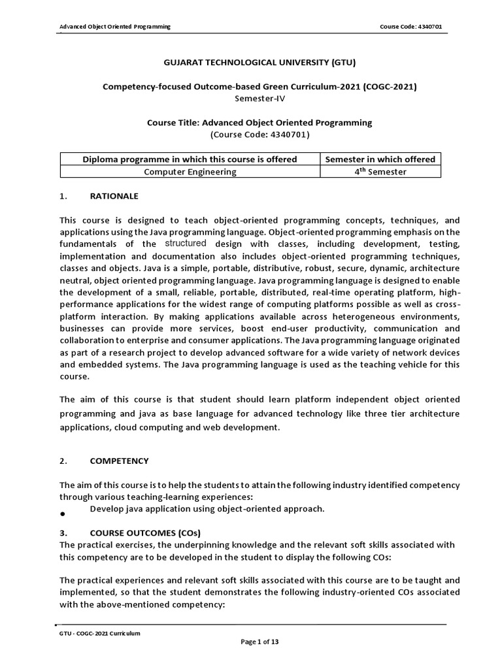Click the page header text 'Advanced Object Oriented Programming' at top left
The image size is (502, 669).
coord(115,26)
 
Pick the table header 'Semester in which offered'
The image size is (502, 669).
coord(380,159)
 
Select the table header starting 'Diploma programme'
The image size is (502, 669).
coord(190,159)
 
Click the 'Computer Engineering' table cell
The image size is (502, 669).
coord(190,172)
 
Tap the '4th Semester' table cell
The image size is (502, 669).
coord(380,171)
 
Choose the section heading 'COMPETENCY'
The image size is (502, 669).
coord(119,461)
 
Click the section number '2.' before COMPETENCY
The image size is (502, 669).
coord(63,461)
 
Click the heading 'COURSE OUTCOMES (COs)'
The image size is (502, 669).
coord(145,532)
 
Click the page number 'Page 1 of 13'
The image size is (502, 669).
coord(259,642)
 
